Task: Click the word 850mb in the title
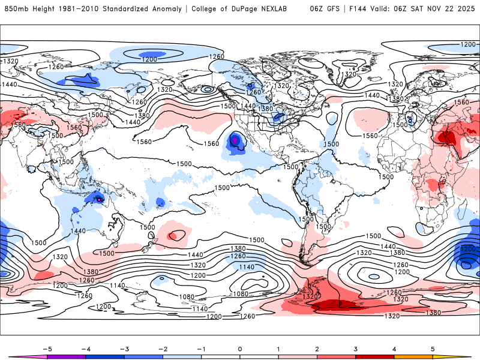[x=14, y=9]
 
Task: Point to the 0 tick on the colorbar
[x=240, y=348]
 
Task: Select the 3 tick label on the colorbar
[x=356, y=348]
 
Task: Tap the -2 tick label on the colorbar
[x=162, y=348]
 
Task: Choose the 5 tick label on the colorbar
[x=433, y=348]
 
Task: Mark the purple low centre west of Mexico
[x=235, y=140]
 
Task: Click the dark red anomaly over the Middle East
[x=447, y=137]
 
